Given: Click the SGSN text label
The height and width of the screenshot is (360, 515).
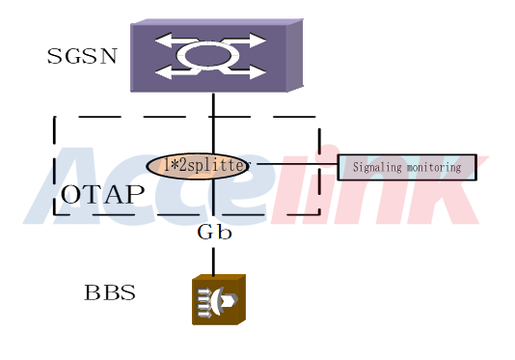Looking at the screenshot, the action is pyautogui.click(x=82, y=56).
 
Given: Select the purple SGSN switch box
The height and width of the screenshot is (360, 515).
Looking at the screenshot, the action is pyautogui.click(x=217, y=55).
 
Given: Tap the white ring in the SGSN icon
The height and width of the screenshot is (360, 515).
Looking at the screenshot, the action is pyautogui.click(x=208, y=55).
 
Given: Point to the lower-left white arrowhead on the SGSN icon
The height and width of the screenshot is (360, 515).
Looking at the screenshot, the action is pyautogui.click(x=163, y=71).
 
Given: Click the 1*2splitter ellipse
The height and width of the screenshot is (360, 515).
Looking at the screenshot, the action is pyautogui.click(x=198, y=166).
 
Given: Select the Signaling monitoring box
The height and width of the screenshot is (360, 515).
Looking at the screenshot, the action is pyautogui.click(x=407, y=167).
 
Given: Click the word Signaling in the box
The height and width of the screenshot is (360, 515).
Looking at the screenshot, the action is pyautogui.click(x=377, y=167).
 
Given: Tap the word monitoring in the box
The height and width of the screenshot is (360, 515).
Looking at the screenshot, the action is pyautogui.click(x=434, y=167).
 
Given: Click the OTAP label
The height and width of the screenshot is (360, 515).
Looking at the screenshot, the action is pyautogui.click(x=102, y=194).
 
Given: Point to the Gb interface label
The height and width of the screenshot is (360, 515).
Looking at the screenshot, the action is pyautogui.click(x=214, y=232).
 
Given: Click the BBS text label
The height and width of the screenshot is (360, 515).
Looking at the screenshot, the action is pyautogui.click(x=110, y=292).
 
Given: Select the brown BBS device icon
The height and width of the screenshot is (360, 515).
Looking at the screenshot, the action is pyautogui.click(x=219, y=299).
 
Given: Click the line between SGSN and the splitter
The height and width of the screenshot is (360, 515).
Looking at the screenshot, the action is pyautogui.click(x=213, y=123).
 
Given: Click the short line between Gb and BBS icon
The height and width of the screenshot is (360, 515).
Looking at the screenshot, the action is pyautogui.click(x=213, y=262).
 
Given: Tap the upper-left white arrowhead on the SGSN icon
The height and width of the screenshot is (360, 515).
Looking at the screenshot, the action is pyautogui.click(x=163, y=41).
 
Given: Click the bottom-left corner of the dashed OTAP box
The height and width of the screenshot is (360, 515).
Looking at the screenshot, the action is pyautogui.click(x=55, y=214).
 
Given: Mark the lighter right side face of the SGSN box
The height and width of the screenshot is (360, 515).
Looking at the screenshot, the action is pyautogui.click(x=295, y=55).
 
